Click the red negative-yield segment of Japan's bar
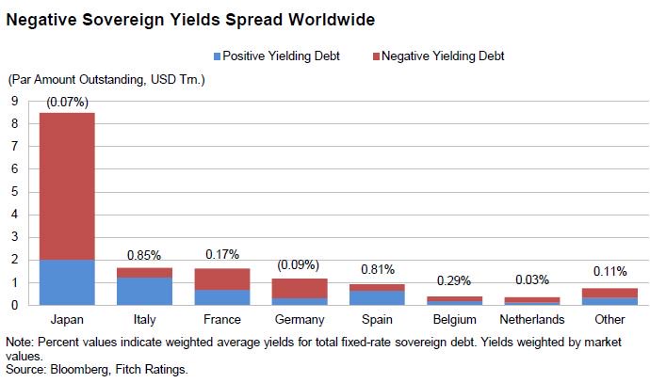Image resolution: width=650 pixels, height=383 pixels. point(67,186)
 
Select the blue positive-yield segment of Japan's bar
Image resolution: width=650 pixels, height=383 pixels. point(67,282)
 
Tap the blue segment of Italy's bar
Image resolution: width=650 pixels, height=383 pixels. point(144,291)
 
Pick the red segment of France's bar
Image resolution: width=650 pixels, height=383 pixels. point(222,279)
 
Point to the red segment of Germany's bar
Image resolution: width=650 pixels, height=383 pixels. point(300,288)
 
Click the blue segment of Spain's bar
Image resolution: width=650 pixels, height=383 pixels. point(378,297)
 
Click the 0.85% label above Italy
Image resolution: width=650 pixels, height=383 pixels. point(144,254)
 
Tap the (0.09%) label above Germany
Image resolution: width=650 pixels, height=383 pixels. point(300,265)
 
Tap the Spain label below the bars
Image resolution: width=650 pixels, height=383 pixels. point(378,319)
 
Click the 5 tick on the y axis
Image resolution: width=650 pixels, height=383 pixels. point(15,192)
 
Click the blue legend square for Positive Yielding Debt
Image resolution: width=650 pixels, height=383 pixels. point(219,56)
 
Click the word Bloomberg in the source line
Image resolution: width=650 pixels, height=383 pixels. point(79,370)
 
